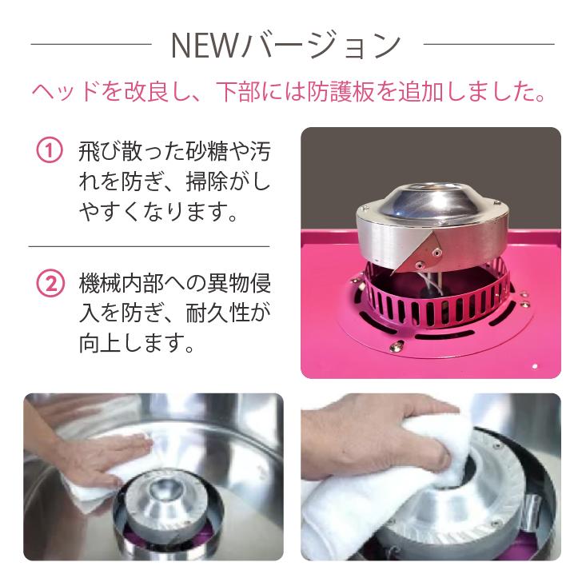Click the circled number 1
click(x=49, y=152)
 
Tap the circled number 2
click(x=49, y=283)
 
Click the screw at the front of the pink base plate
click(x=395, y=347)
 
